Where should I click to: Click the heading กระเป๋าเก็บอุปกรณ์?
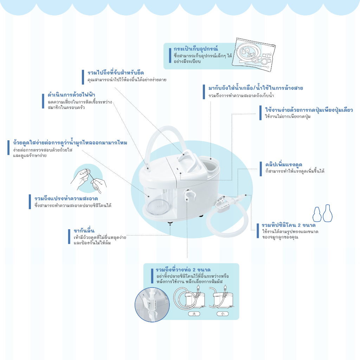[x=195, y=49]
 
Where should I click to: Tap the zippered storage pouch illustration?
[x=253, y=54]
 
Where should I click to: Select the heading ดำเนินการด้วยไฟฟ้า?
[x=71, y=95]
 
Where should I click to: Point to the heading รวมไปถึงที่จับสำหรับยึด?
[x=115, y=73]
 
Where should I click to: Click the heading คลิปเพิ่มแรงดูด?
[x=284, y=165]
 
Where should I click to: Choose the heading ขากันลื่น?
[x=84, y=231]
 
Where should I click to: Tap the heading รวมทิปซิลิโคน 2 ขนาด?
[x=289, y=225]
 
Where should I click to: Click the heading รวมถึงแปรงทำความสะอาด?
[x=66, y=198]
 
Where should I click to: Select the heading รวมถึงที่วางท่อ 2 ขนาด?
[x=183, y=270]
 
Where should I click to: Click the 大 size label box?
[x=194, y=314]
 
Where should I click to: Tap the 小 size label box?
[x=223, y=314]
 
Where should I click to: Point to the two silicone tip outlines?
[x=323, y=213]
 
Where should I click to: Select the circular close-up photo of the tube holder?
[x=152, y=305]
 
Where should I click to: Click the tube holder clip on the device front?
[x=189, y=195]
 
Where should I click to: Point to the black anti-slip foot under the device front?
[x=170, y=222]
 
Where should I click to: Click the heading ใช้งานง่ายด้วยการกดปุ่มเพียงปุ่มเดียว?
[x=309, y=110]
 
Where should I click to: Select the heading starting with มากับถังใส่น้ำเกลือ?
[x=256, y=88]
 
